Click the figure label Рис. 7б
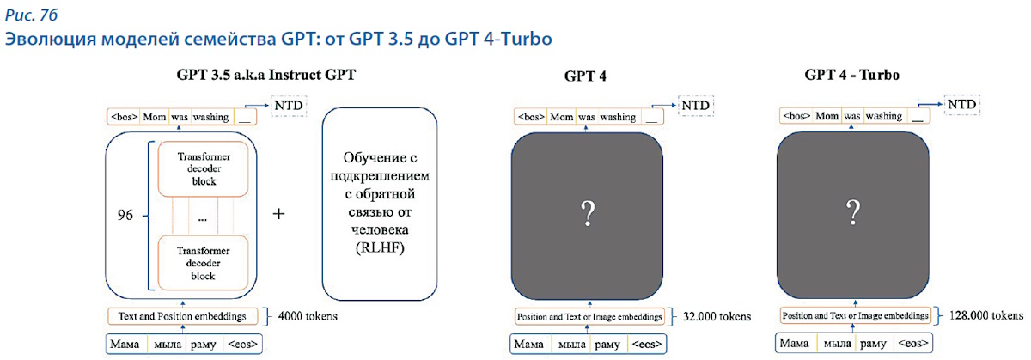pyautogui.click(x=31, y=15)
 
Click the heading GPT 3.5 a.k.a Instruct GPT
pyautogui.click(x=266, y=75)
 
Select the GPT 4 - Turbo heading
pyautogui.click(x=852, y=75)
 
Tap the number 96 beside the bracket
pyautogui.click(x=125, y=215)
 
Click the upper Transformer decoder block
pyautogui.click(x=204, y=169)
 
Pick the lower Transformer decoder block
pyautogui.click(x=203, y=263)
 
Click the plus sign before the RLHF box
pyautogui.click(x=278, y=214)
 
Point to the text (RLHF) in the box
pyautogui.click(x=380, y=247)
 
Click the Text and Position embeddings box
pyautogui.click(x=182, y=316)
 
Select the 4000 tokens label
pyautogui.click(x=308, y=316)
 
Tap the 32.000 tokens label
pyautogui.click(x=717, y=317)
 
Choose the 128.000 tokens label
pyautogui.click(x=986, y=315)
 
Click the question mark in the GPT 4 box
pyautogui.click(x=588, y=213)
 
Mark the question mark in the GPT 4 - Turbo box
pyautogui.click(x=853, y=211)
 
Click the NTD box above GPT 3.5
pyautogui.click(x=289, y=106)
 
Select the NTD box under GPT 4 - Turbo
pyautogui.click(x=962, y=105)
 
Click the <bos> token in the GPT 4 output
pyautogui.click(x=531, y=117)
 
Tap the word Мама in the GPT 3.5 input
pyautogui.click(x=125, y=344)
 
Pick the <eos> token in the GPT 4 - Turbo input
pyautogui.click(x=912, y=343)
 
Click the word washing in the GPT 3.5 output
pyautogui.click(x=210, y=118)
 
